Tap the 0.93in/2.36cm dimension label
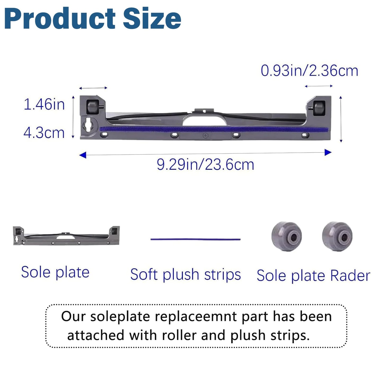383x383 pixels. (x=309, y=71)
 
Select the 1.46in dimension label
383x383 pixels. (x=44, y=104)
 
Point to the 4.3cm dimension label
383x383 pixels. (x=44, y=133)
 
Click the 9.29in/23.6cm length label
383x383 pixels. (x=205, y=165)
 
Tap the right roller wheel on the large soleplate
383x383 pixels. (x=319, y=108)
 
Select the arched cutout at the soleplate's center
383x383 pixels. (x=205, y=120)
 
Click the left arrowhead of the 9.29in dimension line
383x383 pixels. (x=83, y=155)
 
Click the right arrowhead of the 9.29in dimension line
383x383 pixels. (x=328, y=152)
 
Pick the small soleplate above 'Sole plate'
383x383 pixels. (x=66, y=236)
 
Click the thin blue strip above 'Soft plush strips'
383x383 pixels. (x=195, y=239)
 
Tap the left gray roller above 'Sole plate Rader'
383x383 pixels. (x=287, y=236)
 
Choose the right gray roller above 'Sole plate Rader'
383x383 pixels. (x=337, y=236)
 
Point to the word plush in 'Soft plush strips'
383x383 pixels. (x=181, y=275)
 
